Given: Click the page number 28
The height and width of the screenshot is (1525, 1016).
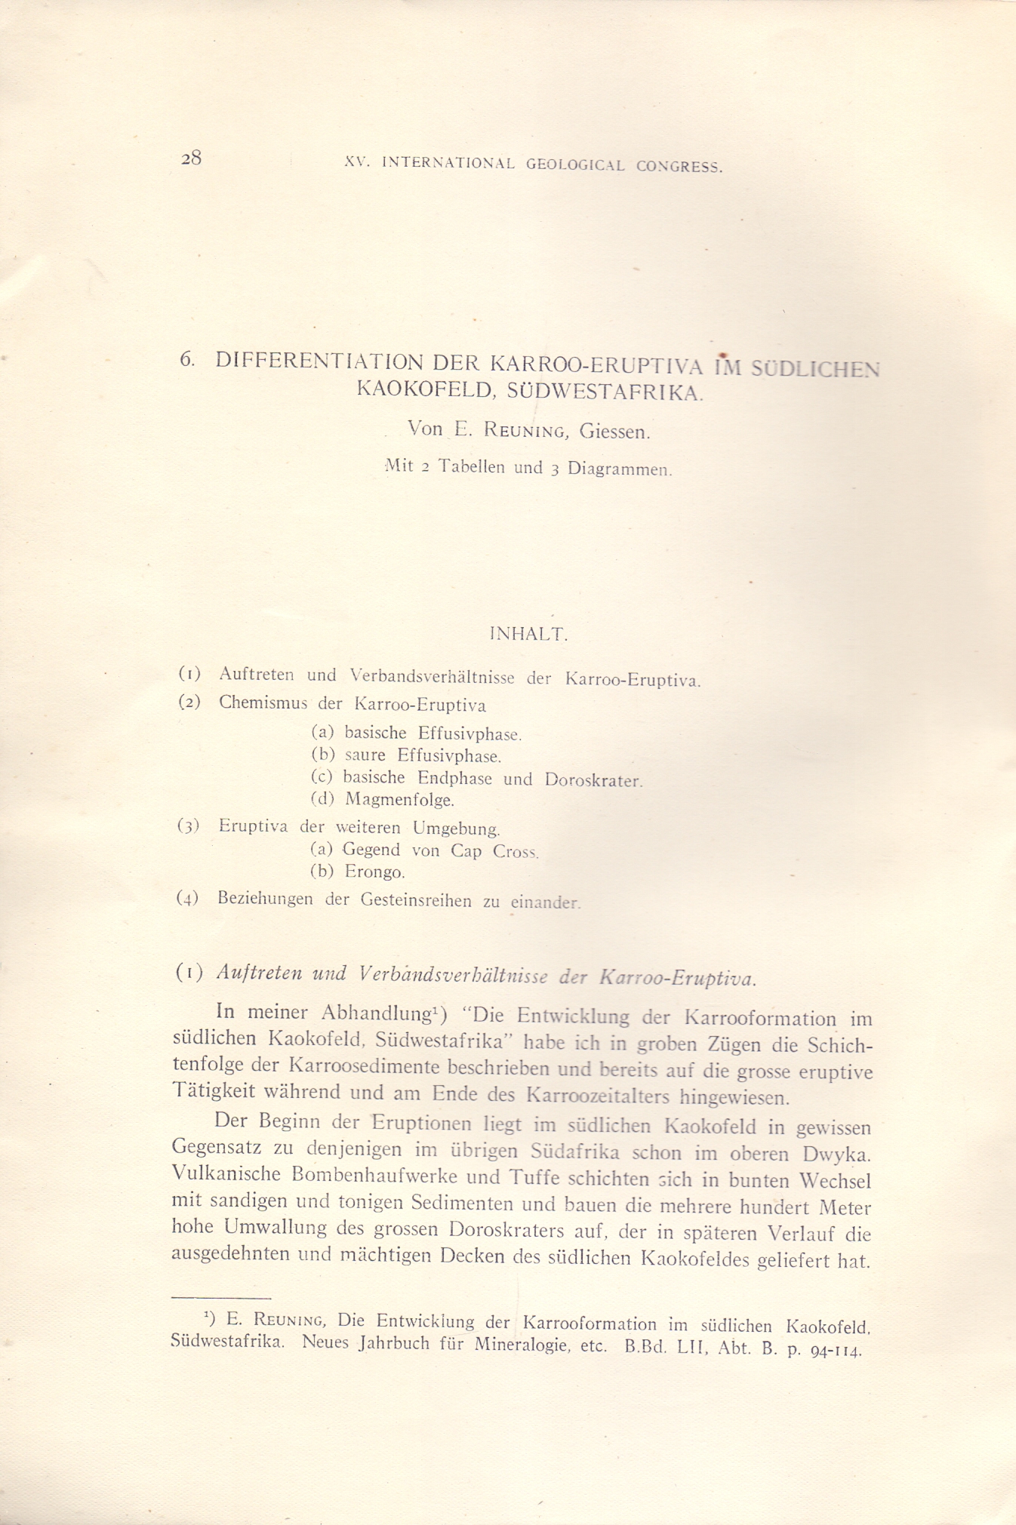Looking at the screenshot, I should click(191, 158).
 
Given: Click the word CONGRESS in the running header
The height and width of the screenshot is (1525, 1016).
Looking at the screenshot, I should click(679, 167).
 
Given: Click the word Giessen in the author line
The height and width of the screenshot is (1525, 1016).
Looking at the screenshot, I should click(614, 432).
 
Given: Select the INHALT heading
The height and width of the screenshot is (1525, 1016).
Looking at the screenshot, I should click(528, 635).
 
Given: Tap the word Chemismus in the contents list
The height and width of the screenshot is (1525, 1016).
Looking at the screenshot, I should click(263, 703).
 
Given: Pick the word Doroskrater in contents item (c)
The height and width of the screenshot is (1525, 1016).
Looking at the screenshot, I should click(593, 780).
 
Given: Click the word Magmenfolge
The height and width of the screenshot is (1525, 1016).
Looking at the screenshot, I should click(399, 799).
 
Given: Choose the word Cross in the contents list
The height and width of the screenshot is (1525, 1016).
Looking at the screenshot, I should click(516, 851).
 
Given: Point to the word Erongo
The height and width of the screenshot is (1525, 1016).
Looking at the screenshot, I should click(374, 872).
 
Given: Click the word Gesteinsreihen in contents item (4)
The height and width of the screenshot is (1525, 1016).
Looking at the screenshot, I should click(417, 900).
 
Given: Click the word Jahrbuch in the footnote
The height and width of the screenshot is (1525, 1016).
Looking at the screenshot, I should click(394, 1344).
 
